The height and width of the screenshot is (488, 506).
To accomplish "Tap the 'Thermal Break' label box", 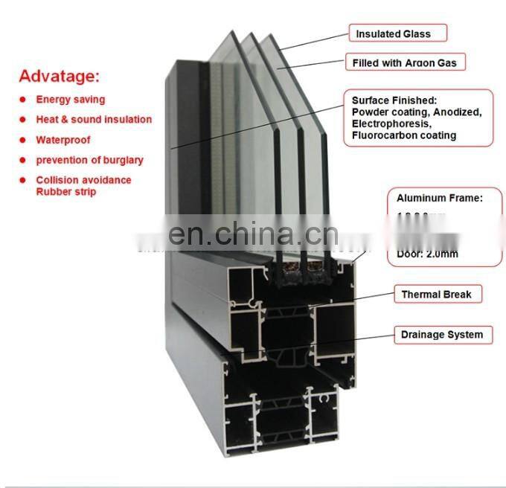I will point(436,295).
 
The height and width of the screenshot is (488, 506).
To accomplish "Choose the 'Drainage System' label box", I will point(442,335).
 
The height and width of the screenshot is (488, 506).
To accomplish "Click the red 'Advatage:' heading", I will point(59,76).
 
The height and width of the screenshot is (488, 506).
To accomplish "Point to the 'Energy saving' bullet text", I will point(71,100).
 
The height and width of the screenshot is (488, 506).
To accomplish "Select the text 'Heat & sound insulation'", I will point(94,120).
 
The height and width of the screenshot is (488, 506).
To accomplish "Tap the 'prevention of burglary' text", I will point(89,160).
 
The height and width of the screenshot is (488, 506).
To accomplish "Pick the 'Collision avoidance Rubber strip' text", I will point(83,186).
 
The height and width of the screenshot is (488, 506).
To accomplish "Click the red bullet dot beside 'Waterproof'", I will point(23,140).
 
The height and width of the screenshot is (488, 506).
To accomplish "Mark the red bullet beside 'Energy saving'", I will point(23,100).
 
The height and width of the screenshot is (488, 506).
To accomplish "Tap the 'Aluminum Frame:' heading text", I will point(439,199).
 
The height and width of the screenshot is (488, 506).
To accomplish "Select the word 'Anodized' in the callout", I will point(455,112).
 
